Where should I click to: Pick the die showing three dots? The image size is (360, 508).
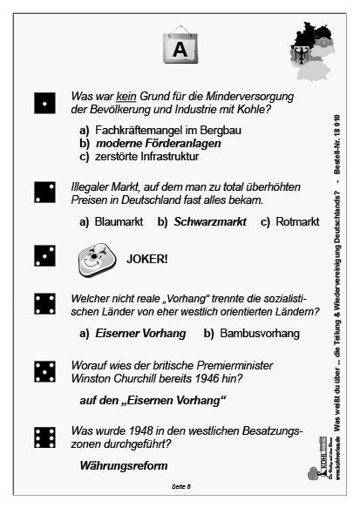click(43, 255)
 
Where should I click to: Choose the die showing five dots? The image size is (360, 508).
click(43, 372)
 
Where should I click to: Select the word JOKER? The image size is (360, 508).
click(149, 259)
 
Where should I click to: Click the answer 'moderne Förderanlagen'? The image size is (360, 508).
click(149, 144)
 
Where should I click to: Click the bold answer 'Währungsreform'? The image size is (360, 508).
click(123, 467)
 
